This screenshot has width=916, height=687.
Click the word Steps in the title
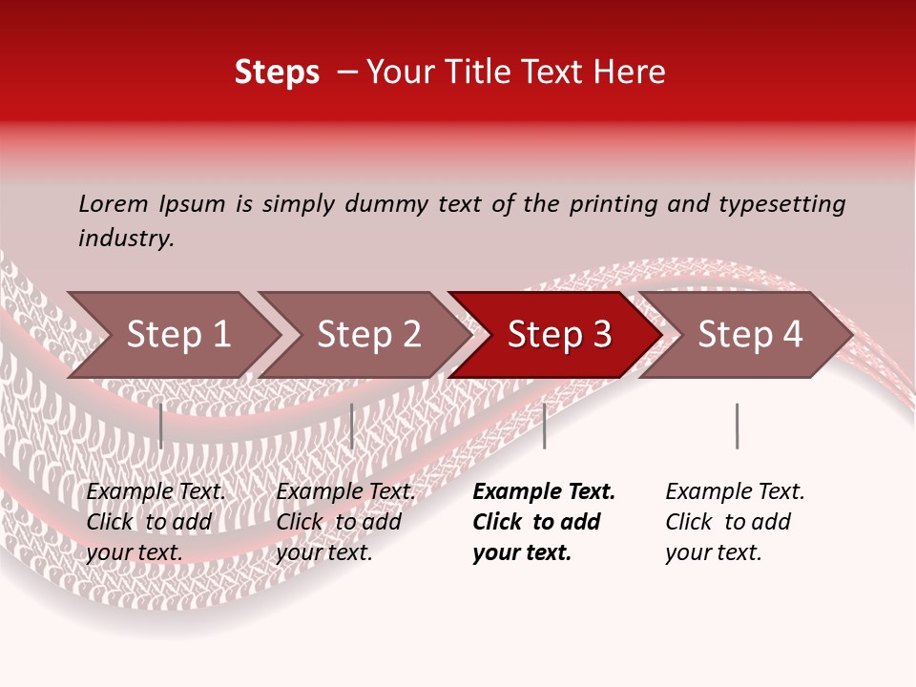point(277,73)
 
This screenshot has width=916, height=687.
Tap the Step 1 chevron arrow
point(177,335)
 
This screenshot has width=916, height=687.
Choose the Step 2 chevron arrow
point(367,335)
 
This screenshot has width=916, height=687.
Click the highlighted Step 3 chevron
point(558,335)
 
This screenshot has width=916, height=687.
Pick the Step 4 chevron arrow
point(749,335)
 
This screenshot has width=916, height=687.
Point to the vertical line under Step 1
point(161,426)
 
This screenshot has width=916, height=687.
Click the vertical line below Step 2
point(352,426)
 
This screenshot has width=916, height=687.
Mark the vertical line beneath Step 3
point(545,426)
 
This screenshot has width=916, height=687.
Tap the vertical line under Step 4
point(737,426)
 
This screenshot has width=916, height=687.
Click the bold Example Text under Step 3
point(544,492)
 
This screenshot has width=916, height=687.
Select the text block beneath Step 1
point(156,522)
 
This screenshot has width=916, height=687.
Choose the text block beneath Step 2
point(345,522)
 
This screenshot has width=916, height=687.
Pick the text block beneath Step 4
point(735,522)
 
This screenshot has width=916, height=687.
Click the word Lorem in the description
point(113,204)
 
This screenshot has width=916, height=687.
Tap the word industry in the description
point(126,239)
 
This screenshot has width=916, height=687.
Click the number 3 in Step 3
point(602,335)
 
